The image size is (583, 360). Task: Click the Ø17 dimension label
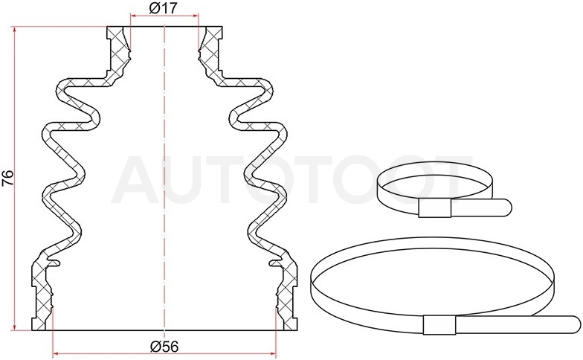(164, 7)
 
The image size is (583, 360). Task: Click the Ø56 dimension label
(164, 347)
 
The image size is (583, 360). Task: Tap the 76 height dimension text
(7, 178)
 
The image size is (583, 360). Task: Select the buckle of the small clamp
(434, 208)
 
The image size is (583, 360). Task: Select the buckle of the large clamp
(439, 325)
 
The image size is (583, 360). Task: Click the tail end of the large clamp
(577, 325)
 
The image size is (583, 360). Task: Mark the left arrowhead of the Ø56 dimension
(57, 353)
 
